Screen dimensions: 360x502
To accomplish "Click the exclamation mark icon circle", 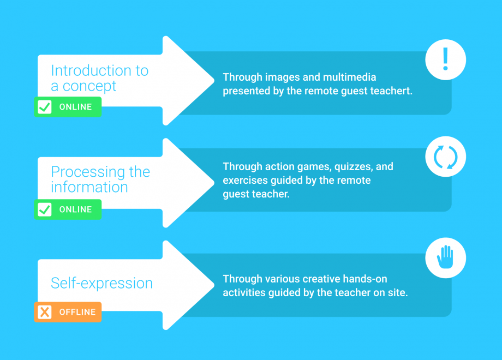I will click(x=445, y=59).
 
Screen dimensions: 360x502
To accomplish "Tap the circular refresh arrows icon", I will click(x=445, y=157).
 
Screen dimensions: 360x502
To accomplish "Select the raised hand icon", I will click(x=445, y=257).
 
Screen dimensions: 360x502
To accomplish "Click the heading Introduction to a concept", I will click(x=99, y=78).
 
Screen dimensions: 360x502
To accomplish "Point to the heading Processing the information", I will click(x=100, y=179).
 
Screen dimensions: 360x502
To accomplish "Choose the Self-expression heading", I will click(x=101, y=283).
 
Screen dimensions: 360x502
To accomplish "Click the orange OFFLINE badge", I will click(x=68, y=312).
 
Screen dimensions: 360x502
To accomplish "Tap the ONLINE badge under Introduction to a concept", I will click(x=68, y=107).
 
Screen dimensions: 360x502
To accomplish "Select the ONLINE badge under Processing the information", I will click(x=68, y=209).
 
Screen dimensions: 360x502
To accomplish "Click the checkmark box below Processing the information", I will click(x=45, y=209).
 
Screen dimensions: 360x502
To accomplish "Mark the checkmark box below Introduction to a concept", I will click(x=45, y=107).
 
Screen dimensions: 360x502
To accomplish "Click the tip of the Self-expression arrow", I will click(x=213, y=285).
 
